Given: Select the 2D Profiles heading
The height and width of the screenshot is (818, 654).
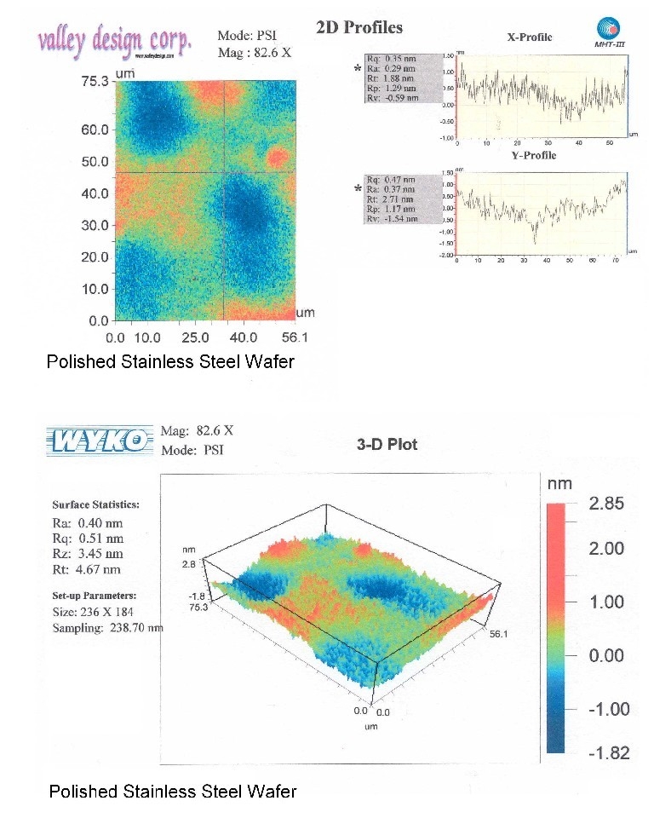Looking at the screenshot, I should (x=359, y=26).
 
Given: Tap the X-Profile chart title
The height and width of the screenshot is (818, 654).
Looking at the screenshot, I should (x=529, y=37).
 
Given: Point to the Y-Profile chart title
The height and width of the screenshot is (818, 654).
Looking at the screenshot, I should (x=533, y=155).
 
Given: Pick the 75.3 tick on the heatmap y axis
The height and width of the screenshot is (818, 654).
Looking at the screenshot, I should (x=95, y=82).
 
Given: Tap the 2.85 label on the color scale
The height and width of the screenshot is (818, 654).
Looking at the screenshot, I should (x=606, y=504).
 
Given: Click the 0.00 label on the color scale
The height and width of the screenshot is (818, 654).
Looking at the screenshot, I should (x=607, y=655).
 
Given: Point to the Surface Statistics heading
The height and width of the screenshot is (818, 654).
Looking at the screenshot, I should (x=95, y=504).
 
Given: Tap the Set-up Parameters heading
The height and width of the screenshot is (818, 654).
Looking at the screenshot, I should (x=95, y=596).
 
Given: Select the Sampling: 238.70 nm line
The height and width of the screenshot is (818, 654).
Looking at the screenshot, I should (x=108, y=628).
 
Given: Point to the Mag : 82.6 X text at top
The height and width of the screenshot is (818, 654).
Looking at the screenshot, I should (x=255, y=52).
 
